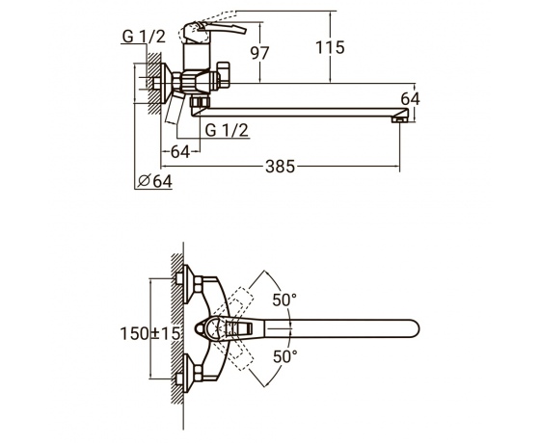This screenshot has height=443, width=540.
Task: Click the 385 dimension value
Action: point(281,167)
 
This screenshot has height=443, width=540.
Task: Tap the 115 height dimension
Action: point(330,47)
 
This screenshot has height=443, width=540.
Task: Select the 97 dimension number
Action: point(259,53)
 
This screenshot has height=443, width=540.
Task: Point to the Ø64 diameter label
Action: point(154,181)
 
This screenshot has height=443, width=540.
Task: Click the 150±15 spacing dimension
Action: point(150,333)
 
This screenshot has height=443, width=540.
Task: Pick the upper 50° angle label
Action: point(284,300)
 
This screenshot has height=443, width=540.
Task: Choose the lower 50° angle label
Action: point(285,356)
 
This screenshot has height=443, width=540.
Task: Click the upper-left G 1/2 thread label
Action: point(144,37)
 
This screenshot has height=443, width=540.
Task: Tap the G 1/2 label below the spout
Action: point(227,130)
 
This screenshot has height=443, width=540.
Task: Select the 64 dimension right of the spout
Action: point(410,99)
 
